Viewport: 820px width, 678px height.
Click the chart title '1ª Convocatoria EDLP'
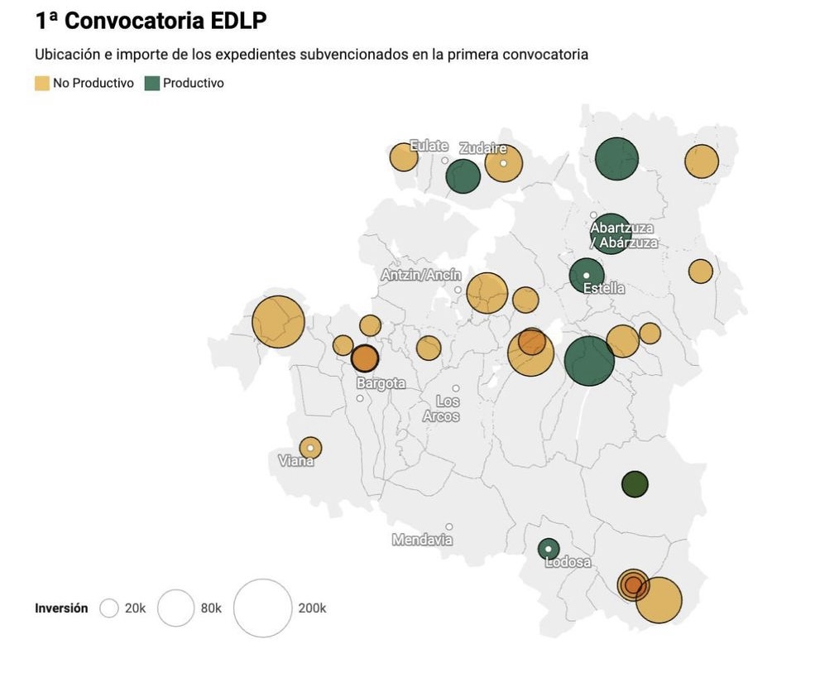(x=151, y=21)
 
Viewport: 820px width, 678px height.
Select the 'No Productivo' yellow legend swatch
(x=41, y=83)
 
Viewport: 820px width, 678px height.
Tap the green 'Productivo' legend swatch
(x=152, y=83)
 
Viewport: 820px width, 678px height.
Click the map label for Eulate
(x=429, y=147)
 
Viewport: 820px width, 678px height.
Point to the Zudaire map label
(x=483, y=148)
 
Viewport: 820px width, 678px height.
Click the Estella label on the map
(x=604, y=288)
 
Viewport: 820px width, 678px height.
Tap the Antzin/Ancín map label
(x=421, y=275)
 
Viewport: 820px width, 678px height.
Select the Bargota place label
(x=381, y=383)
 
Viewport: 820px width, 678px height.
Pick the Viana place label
(x=295, y=461)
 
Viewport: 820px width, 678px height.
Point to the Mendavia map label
(x=422, y=540)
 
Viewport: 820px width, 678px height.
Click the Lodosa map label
(x=568, y=562)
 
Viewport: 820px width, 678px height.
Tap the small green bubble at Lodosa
(x=549, y=549)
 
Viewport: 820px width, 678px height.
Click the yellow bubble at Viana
(x=310, y=448)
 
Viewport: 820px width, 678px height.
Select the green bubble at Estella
(x=587, y=275)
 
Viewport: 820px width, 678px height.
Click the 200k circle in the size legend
(x=263, y=608)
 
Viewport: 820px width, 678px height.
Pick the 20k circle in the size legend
(x=109, y=608)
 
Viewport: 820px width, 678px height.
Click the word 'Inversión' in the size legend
(x=61, y=608)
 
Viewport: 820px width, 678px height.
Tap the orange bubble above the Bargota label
(x=365, y=358)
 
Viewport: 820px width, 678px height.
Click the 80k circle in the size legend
(x=175, y=608)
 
